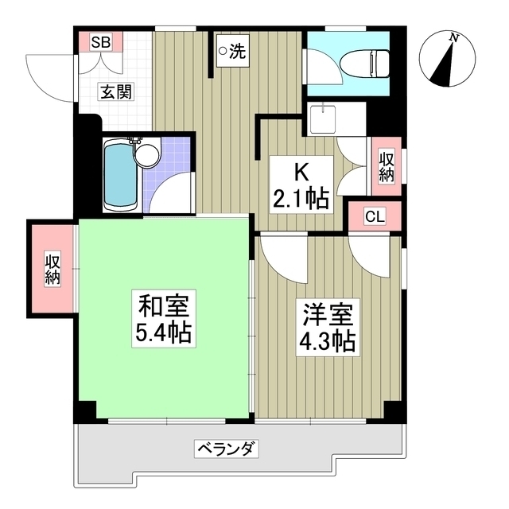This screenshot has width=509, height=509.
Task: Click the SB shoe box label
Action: (100, 41)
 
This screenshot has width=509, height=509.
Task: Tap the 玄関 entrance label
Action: (115, 91)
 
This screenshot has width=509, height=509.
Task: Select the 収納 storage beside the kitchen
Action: (386, 167)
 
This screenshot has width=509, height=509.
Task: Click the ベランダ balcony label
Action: (227, 449)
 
